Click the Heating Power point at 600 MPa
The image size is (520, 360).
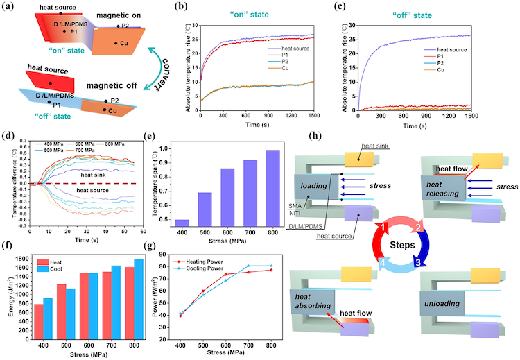(x=225, y=274)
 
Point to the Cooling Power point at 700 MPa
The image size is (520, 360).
(x=249, y=266)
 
